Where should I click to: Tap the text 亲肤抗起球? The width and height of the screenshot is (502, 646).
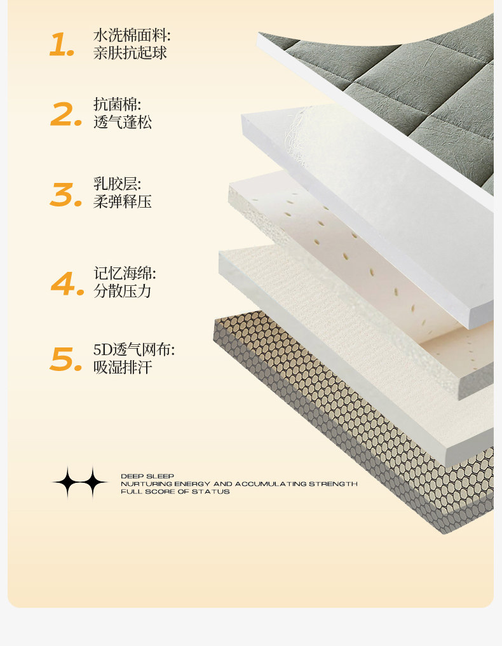(130, 53)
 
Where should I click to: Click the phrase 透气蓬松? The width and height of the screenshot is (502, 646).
(123, 122)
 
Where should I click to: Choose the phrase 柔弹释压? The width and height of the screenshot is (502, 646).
(123, 201)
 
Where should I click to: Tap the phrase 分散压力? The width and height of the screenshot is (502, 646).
(123, 291)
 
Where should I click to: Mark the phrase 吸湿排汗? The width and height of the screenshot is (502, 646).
(123, 367)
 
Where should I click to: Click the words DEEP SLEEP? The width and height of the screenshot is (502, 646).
(147, 476)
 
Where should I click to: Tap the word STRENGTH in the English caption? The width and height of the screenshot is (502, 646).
(333, 483)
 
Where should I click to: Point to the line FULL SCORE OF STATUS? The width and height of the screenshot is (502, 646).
(175, 492)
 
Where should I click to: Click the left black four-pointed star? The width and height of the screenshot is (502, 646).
(67, 482)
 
